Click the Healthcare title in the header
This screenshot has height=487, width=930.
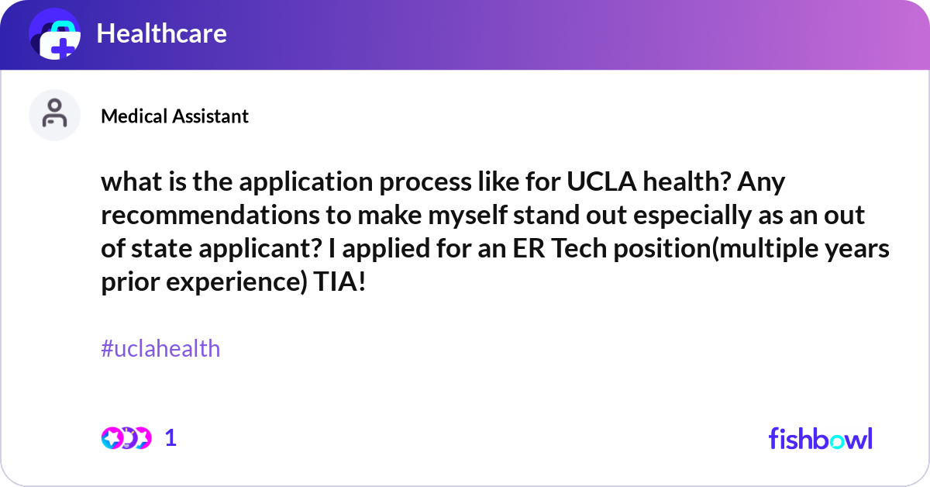pos(161,33)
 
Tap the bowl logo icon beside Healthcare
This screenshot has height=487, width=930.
pos(55,35)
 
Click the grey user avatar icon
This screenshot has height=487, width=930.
pos(54,115)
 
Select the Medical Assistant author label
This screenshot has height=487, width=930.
pos(174,116)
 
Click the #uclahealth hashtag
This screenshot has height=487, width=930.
pos(160,349)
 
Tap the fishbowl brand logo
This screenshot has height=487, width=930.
pos(820,439)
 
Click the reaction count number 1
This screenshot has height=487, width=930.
pos(170,438)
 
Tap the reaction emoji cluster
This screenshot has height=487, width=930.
pos(126,438)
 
